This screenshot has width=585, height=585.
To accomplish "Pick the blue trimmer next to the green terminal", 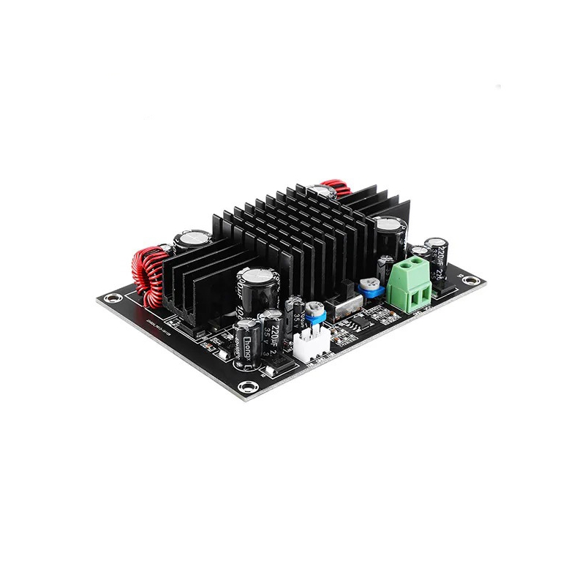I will [374, 287].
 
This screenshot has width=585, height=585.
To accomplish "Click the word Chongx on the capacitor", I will [246, 344].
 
